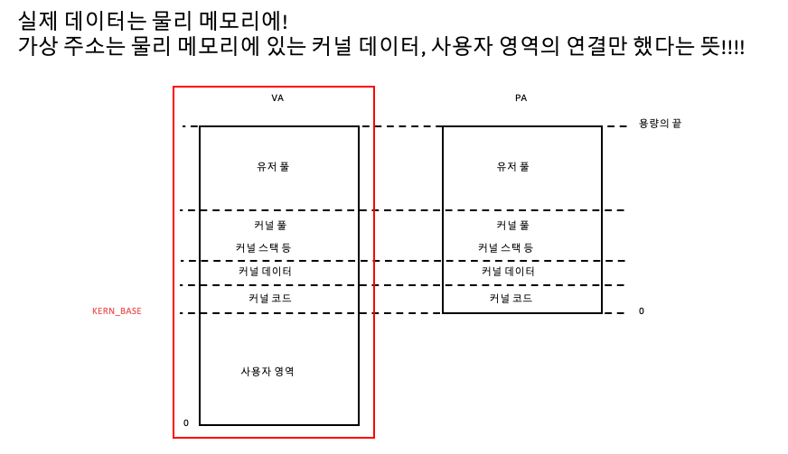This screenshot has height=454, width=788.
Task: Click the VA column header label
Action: coord(277,97)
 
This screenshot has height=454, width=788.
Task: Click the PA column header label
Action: coord(521,97)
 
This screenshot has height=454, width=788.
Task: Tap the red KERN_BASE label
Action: coord(117,311)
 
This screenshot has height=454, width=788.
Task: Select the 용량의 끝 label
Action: coord(660,123)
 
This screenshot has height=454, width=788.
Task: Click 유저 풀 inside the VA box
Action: coord(273,167)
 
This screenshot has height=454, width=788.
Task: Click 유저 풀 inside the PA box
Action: coord(512,167)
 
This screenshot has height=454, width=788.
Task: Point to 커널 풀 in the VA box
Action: coord(270,226)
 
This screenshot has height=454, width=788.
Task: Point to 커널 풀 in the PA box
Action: coord(512,226)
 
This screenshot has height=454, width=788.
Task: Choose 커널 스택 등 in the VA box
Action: coord(263,247)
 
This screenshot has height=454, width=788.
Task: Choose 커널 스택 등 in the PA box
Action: coord(505,247)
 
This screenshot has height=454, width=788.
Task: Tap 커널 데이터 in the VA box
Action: coord(265,272)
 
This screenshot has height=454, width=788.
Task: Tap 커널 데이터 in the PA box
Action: coord(508,272)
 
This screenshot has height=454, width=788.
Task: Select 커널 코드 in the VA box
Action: coord(269,298)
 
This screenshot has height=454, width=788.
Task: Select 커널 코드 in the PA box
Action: coord(511,298)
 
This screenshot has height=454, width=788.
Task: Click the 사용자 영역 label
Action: coord(267,372)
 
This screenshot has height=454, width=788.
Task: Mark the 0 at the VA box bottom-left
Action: coord(186,422)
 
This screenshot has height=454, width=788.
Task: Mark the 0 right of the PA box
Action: coord(642,311)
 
